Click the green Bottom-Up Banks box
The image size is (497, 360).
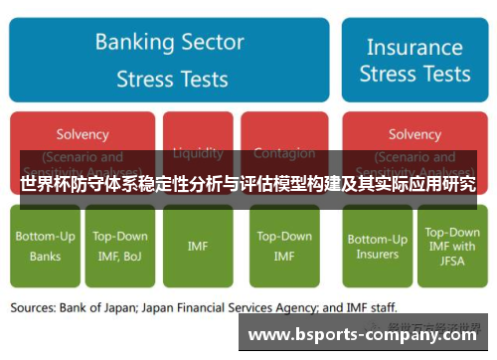coord(44,246)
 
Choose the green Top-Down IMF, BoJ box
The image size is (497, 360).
coord(120,246)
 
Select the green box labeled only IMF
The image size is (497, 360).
coord(198,246)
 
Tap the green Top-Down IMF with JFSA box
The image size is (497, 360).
coord(452,246)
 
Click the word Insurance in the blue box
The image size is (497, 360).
coord(414,47)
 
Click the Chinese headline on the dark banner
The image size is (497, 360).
coord(248,184)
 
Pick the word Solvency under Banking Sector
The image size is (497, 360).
coord(83,134)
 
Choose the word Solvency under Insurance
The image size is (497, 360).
coord(414,134)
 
